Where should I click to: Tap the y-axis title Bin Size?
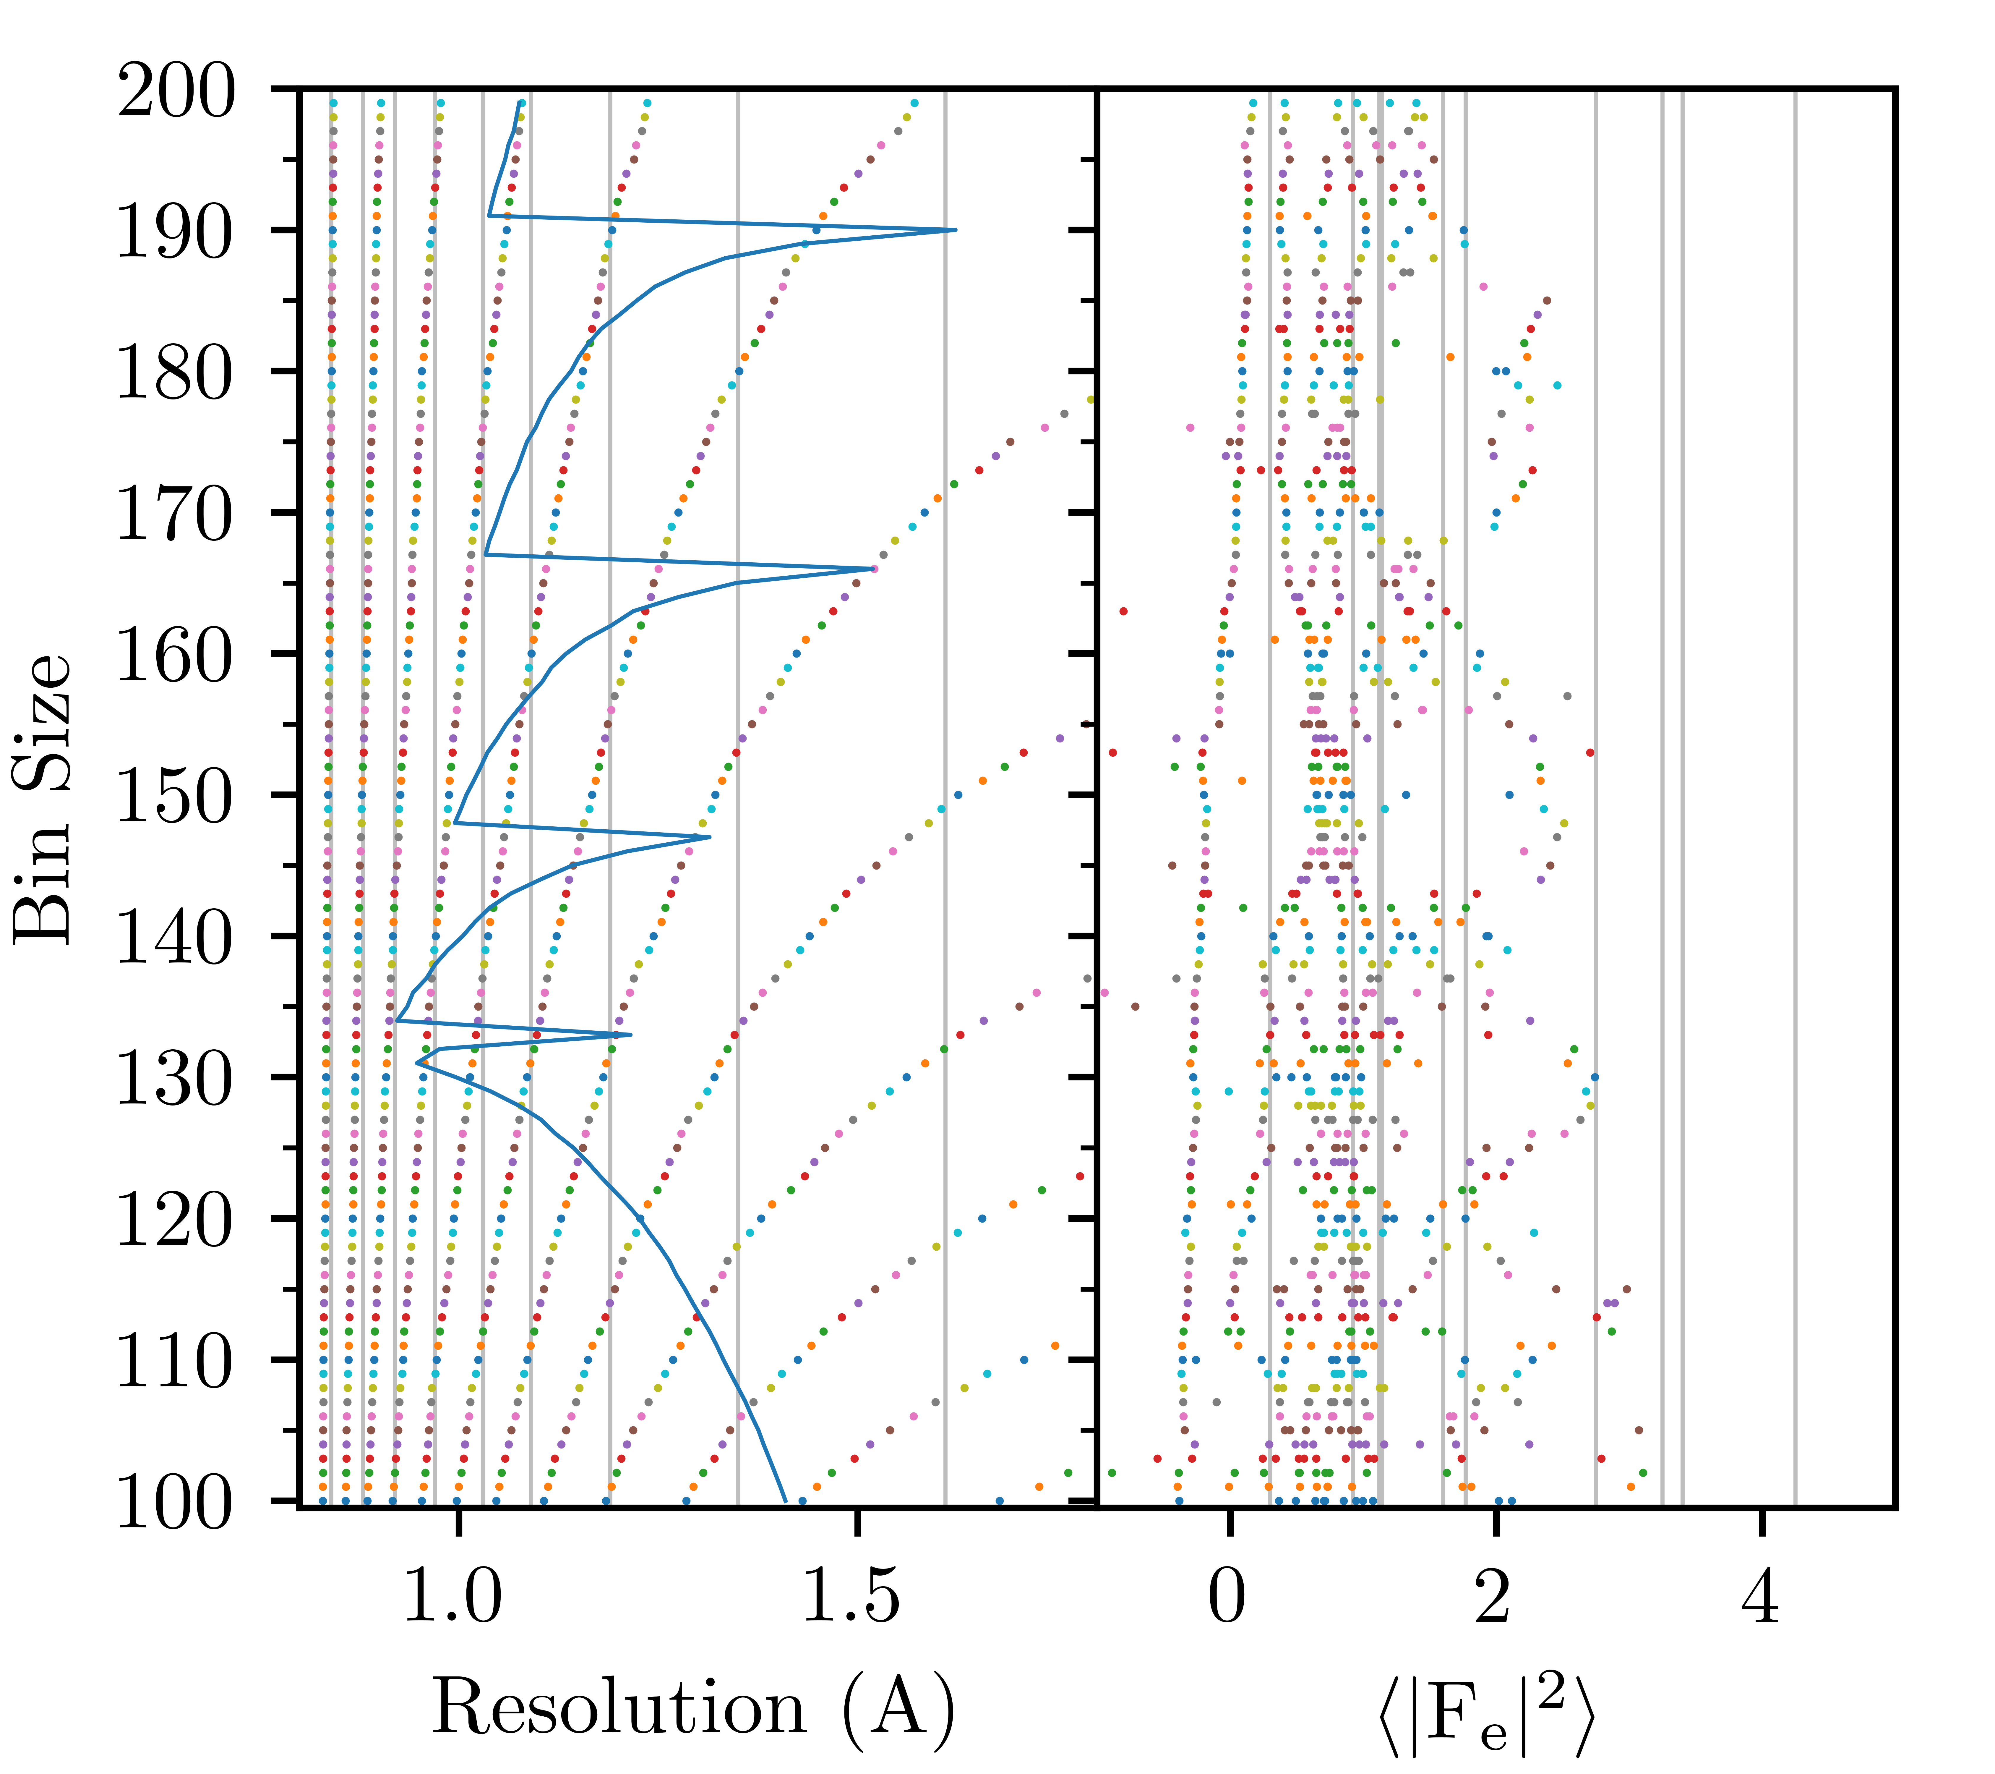coord(44,798)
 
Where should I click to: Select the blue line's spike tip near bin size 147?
coord(710,837)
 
